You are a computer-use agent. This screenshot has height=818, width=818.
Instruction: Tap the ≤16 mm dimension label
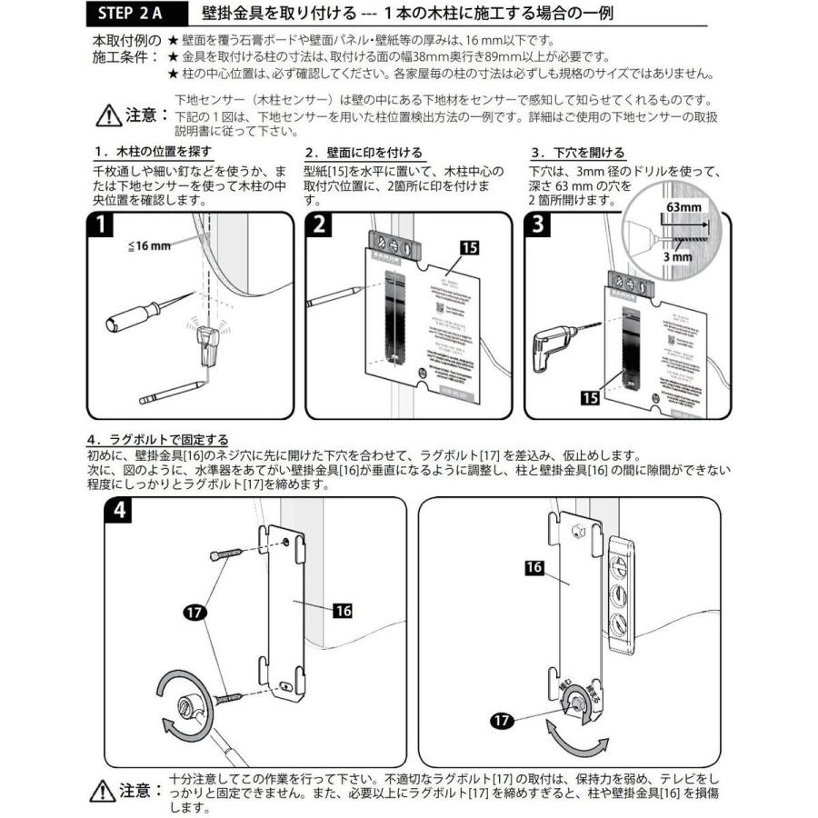150,245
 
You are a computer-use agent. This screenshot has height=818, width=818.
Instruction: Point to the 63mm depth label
683,207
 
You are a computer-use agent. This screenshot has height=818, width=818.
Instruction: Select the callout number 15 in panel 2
469,246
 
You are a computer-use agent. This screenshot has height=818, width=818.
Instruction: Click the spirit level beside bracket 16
618,595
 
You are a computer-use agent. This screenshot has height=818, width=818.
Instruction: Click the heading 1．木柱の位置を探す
153,152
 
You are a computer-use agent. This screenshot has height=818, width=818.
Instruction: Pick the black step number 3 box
537,225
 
